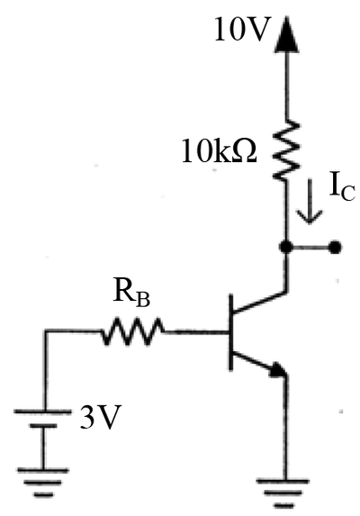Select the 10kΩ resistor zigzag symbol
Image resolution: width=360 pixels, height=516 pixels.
(286, 150)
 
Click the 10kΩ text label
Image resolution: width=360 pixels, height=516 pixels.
(219, 150)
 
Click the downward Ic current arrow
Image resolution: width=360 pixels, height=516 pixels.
(310, 201)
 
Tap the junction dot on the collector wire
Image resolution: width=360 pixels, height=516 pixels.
(286, 247)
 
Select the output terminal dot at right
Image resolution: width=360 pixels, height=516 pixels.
(335, 247)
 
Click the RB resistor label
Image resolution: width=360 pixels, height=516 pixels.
(131, 292)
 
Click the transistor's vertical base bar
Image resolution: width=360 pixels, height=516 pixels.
(231, 331)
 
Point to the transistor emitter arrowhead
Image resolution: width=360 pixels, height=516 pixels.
(279, 370)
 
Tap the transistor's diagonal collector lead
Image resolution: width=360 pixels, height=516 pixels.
(260, 302)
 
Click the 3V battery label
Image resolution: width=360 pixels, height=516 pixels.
(99, 417)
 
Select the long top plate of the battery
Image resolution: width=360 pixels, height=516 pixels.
(42, 412)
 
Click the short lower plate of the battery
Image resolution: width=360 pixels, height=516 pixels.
(43, 426)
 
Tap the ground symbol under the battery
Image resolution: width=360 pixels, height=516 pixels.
(43, 483)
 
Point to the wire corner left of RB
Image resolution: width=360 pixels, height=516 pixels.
(46, 330)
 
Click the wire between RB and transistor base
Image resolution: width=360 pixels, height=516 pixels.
(196, 332)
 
